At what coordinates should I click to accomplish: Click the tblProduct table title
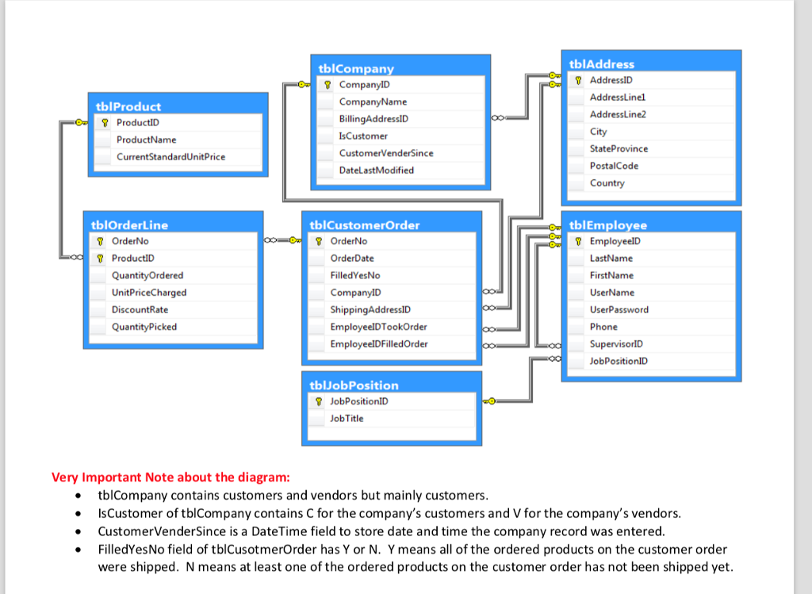128,107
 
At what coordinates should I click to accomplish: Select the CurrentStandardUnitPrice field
171,157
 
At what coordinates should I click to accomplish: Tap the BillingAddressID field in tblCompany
373,119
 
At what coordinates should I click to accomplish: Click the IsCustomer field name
363,136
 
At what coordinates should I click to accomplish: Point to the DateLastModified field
377,171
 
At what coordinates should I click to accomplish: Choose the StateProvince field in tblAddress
619,148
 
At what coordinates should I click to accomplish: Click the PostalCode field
614,166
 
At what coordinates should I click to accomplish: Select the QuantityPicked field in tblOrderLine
144,327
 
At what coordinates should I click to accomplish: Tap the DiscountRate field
140,309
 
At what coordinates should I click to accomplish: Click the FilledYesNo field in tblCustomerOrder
355,275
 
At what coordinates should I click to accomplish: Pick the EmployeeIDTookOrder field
378,327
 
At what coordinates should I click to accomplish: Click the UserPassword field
619,309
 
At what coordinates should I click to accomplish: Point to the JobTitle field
347,419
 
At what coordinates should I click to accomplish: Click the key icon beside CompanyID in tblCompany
327,85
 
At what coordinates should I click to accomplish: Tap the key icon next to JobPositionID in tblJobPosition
319,401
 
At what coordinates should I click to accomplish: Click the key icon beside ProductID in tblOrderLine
100,259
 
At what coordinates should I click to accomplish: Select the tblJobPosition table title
354,385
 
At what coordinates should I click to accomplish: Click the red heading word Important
112,477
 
